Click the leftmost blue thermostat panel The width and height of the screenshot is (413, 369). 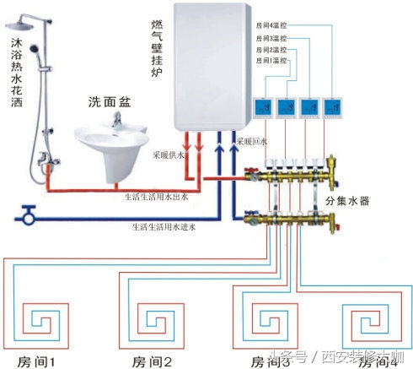coord(260,107)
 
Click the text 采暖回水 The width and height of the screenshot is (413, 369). coord(252,141)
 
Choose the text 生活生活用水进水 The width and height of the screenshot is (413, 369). coord(163,226)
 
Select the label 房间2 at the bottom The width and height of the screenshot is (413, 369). coord(149,361)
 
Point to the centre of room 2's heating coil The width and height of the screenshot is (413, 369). coord(153,322)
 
